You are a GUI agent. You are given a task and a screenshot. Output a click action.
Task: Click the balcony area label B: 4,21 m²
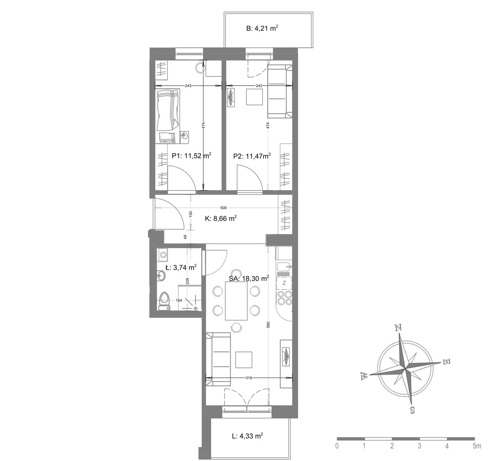[x=262, y=28]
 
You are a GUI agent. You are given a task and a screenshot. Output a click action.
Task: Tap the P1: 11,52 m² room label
[x=192, y=156]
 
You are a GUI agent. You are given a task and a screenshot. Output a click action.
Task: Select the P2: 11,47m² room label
[x=252, y=156]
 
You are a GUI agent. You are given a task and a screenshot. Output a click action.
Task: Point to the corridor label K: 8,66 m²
[x=221, y=218]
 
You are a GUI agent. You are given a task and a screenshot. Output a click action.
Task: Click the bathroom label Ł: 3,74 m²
[x=181, y=267]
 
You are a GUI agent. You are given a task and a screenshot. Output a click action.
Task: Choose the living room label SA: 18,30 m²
[x=249, y=278]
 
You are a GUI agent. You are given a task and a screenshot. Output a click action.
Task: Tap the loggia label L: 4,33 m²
[x=247, y=436]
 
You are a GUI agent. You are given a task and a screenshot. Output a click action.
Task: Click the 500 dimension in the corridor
[x=223, y=208]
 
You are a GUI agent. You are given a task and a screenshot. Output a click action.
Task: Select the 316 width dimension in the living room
[x=249, y=378]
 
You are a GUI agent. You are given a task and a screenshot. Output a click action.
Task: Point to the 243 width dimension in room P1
[x=188, y=86]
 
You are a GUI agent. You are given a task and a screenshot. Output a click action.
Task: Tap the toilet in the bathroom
[x=164, y=301]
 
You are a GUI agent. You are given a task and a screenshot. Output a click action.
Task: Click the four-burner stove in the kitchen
[x=284, y=298]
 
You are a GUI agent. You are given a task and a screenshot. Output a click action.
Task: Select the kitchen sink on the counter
[x=284, y=267]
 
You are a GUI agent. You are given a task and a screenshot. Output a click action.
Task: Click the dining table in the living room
[x=236, y=301]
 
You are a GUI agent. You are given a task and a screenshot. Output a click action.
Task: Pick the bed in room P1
[x=168, y=116]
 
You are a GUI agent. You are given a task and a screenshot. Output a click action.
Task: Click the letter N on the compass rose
[x=398, y=328]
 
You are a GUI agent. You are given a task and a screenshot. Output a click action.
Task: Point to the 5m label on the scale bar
[x=477, y=446]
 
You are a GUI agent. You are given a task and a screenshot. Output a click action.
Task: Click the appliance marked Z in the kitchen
[x=284, y=283]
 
